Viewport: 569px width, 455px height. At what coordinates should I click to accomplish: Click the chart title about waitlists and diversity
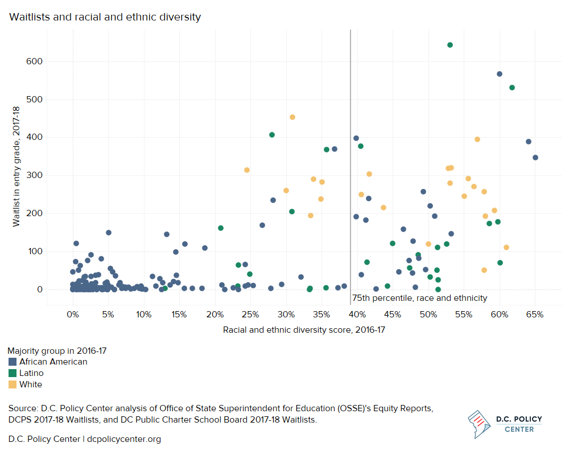(x=105, y=17)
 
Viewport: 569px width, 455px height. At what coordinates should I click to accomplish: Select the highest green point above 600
(x=450, y=45)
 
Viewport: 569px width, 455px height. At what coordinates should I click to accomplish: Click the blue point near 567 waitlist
(x=500, y=74)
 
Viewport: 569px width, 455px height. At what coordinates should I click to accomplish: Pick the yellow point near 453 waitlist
(x=292, y=117)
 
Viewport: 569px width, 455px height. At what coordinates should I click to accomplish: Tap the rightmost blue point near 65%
(x=535, y=158)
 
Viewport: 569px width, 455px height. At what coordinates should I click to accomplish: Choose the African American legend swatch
(x=12, y=362)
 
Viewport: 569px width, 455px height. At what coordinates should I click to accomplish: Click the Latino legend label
(x=31, y=373)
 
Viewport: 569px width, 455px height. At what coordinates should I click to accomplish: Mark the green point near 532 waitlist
(x=512, y=88)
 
